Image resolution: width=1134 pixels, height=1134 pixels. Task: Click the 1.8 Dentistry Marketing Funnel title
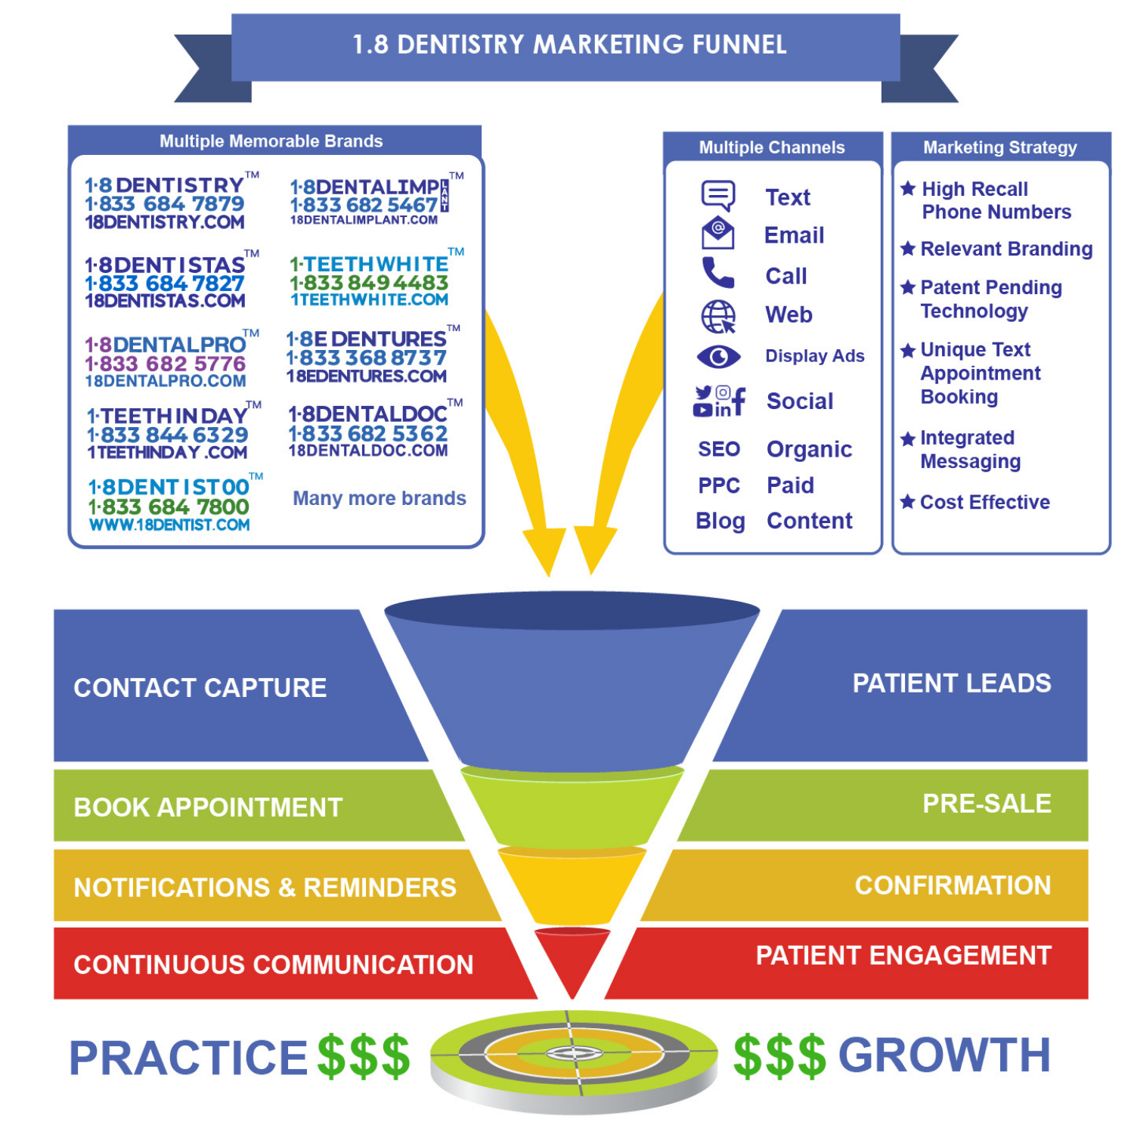[x=569, y=45]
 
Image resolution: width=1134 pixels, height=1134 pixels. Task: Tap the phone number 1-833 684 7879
[x=165, y=204]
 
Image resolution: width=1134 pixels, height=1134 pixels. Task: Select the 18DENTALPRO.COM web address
[x=166, y=381]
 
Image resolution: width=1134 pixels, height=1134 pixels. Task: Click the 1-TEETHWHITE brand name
[x=370, y=264]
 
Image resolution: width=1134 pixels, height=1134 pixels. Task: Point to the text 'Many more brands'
[x=380, y=498]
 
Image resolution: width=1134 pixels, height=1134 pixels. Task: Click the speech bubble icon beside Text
[x=717, y=195]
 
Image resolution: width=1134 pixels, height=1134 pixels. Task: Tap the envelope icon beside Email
[x=717, y=233]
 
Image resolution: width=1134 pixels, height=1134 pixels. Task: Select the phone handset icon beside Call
[x=717, y=273]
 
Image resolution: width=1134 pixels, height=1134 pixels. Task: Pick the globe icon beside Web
[x=718, y=316]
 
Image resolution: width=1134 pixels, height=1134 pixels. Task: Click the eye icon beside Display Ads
[x=718, y=356]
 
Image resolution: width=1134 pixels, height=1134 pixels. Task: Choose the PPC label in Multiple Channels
[x=719, y=485]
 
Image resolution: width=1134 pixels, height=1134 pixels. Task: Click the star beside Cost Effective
[x=908, y=501]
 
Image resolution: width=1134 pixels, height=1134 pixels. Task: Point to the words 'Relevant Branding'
[x=1006, y=249]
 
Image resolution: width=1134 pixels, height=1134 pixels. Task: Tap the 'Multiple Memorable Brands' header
[x=271, y=141]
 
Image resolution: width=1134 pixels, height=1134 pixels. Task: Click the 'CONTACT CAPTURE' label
[x=200, y=688]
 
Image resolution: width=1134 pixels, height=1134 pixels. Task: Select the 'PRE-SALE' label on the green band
[x=987, y=804]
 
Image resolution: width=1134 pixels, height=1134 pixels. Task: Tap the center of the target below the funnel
[x=574, y=1052]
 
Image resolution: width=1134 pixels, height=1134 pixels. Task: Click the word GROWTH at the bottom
[x=944, y=1055]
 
